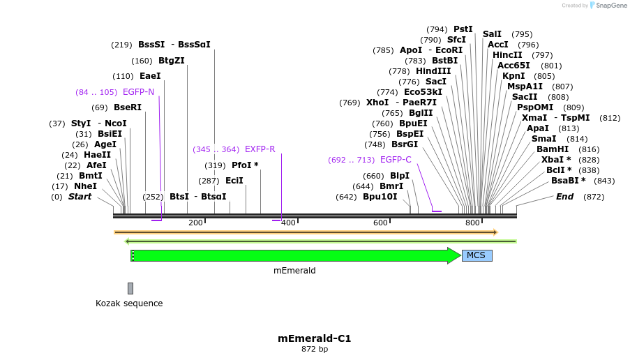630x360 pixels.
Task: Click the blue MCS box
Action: click(x=477, y=255)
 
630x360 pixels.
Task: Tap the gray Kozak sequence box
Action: click(x=130, y=288)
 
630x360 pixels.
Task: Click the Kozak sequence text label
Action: click(x=129, y=303)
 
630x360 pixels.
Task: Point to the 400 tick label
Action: click(x=287, y=223)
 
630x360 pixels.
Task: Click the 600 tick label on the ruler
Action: click(x=380, y=223)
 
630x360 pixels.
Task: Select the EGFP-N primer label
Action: click(x=138, y=92)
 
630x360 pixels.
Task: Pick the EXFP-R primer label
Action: click(x=260, y=149)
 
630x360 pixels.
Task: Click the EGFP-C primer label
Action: click(x=396, y=160)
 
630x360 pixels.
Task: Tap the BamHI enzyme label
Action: click(x=553, y=149)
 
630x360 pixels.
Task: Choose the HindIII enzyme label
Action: click(x=433, y=71)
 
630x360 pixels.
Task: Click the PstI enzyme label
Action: click(x=463, y=29)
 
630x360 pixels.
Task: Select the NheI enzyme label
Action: click(x=85, y=186)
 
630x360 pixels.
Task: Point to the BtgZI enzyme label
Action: click(x=171, y=61)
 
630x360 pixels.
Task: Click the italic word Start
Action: click(x=80, y=197)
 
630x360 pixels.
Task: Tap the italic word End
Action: click(x=564, y=197)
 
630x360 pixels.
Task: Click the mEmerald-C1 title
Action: click(x=315, y=338)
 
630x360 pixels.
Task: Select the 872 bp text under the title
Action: click(x=315, y=349)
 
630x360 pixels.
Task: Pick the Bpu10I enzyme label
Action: click(x=380, y=197)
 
